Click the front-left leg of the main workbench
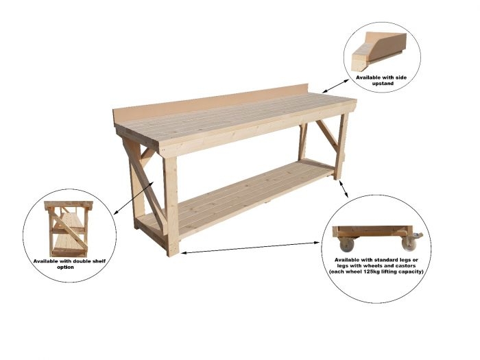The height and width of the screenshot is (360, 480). tap(171, 206)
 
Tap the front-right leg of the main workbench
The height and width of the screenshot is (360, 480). tap(341, 147)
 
